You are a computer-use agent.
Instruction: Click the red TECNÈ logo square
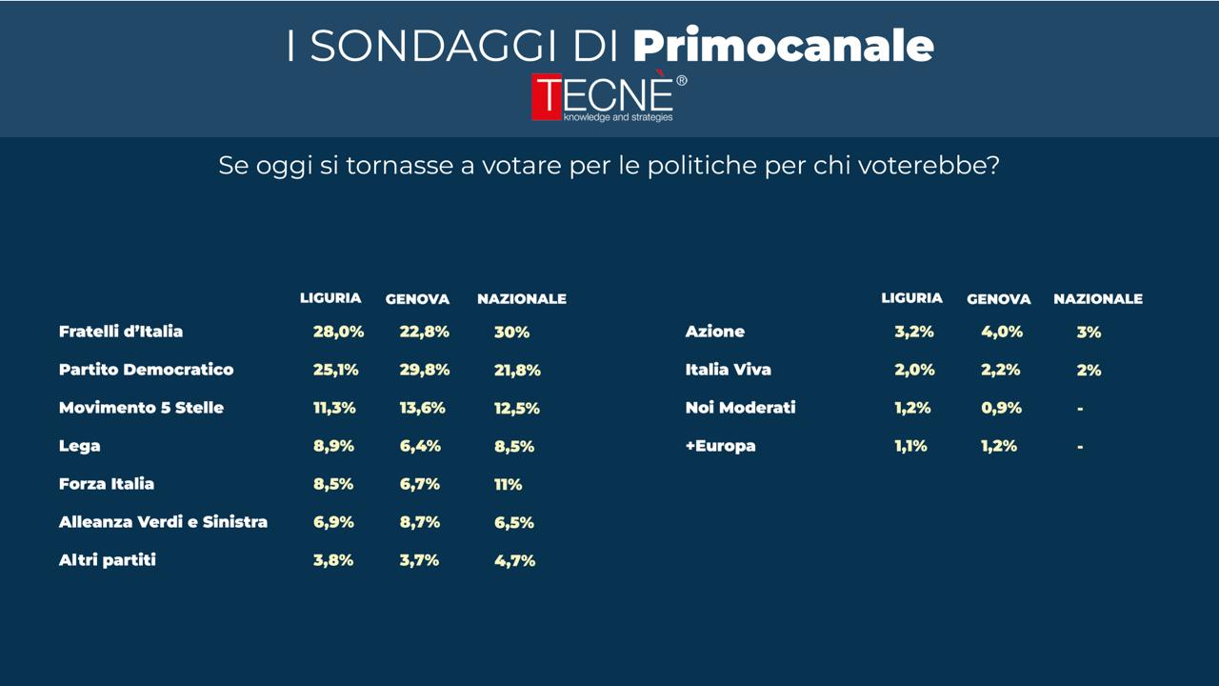click(548, 98)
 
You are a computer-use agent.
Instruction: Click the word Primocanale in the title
click(783, 45)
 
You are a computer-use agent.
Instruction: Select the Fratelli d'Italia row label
click(121, 332)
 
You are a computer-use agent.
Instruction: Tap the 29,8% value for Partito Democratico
click(424, 370)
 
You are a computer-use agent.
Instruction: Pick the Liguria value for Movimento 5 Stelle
click(334, 408)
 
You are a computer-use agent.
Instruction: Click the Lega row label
click(79, 446)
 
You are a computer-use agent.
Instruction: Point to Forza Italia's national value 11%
click(508, 484)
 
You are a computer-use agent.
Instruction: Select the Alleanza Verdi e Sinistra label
click(163, 522)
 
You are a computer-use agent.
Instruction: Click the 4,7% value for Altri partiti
click(514, 560)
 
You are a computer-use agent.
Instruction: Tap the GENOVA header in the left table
click(417, 299)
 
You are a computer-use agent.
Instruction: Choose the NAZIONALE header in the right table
click(1097, 299)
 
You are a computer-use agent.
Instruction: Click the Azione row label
click(714, 332)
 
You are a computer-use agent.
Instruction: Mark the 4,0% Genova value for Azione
click(1001, 332)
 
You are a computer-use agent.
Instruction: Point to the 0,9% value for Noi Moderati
click(1001, 408)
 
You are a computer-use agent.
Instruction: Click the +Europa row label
click(720, 446)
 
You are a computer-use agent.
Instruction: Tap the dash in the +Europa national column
click(1080, 446)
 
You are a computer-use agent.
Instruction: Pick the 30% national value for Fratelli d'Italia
click(511, 332)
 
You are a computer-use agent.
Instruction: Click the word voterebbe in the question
click(928, 165)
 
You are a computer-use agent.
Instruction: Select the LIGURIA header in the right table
click(911, 298)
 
